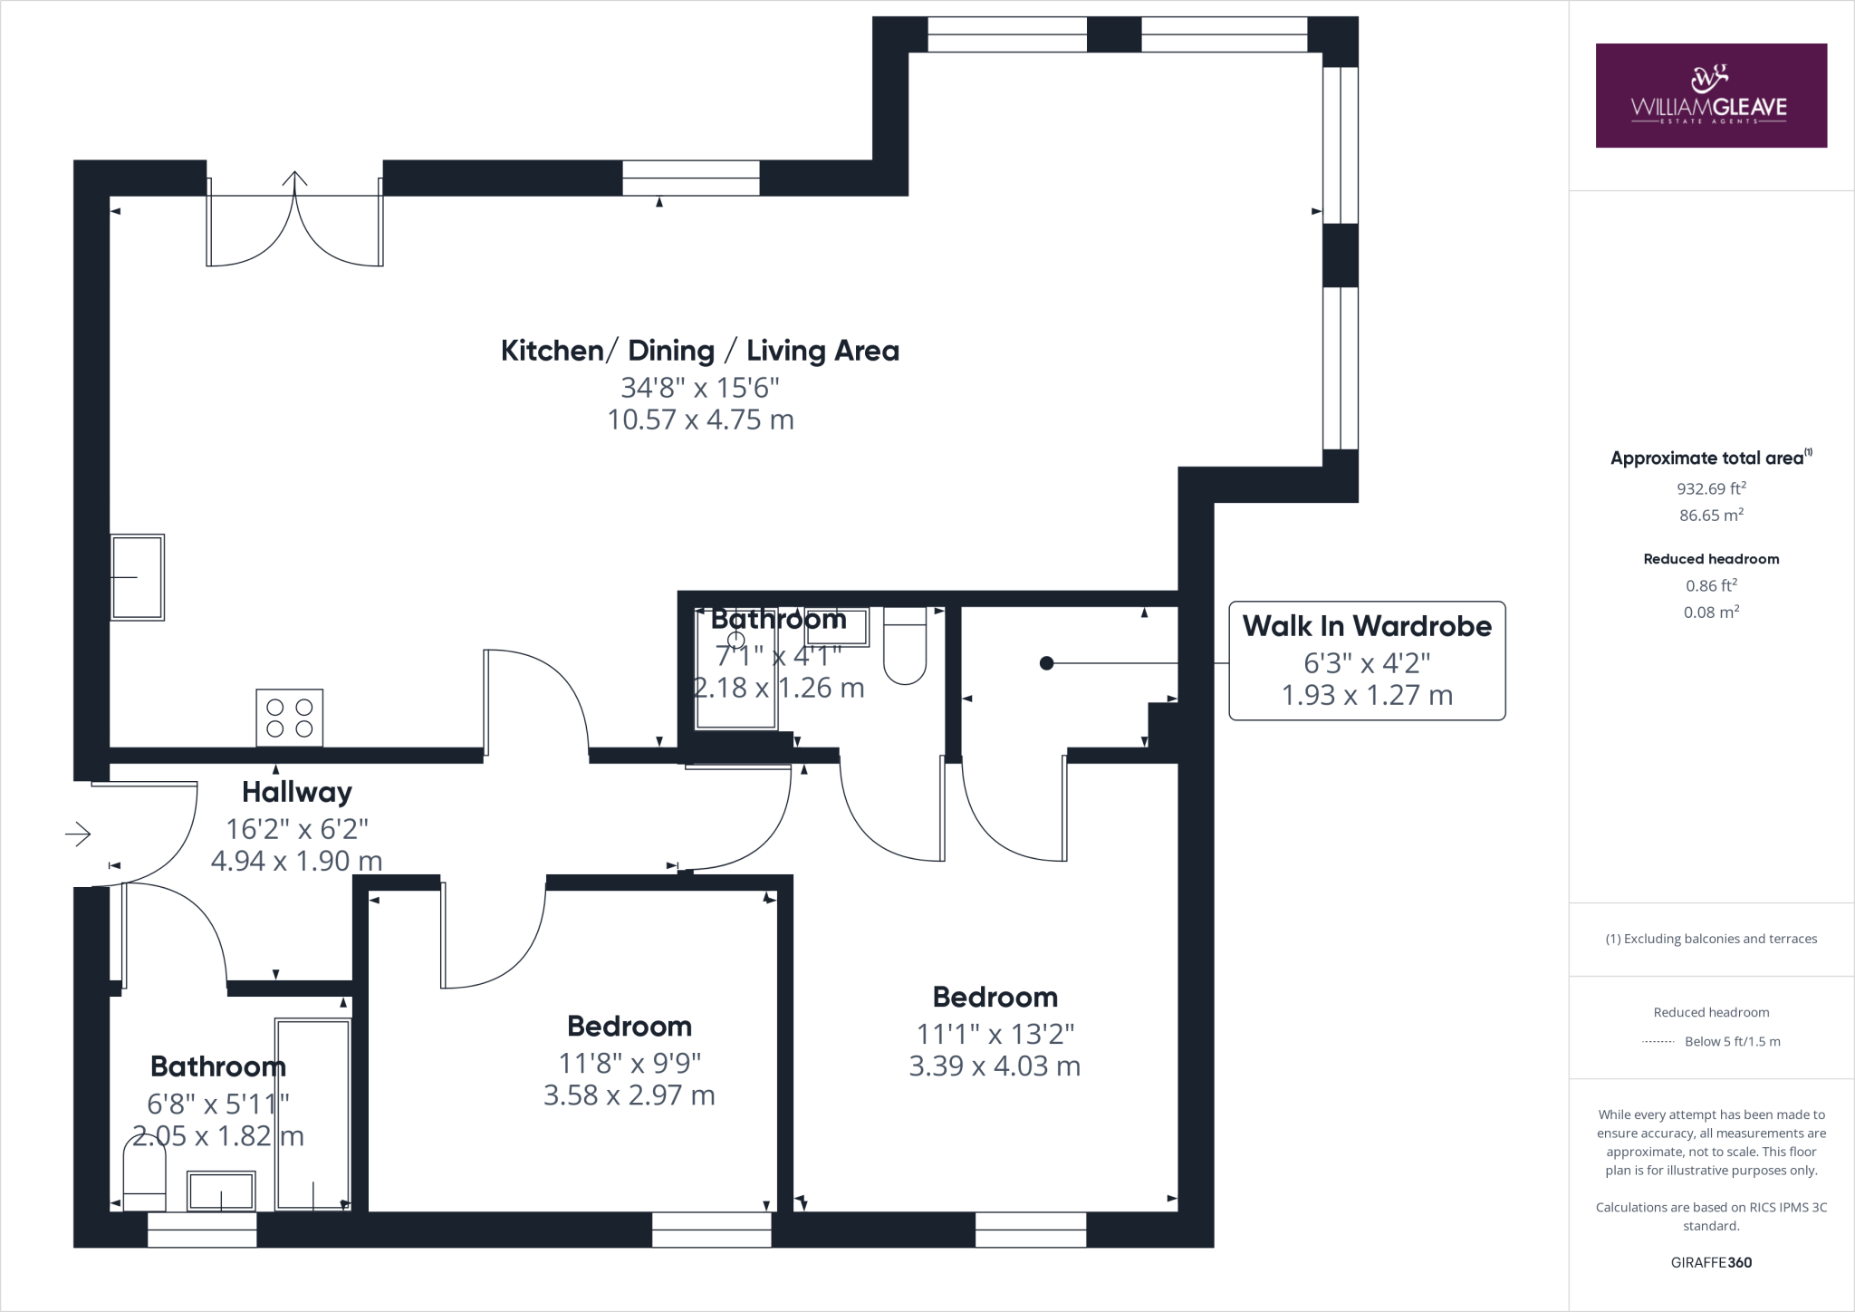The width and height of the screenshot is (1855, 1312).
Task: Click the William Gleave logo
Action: tap(1710, 95)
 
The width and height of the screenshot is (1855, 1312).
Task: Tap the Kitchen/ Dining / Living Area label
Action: tap(700, 351)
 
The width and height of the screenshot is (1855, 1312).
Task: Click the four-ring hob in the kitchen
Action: tap(290, 718)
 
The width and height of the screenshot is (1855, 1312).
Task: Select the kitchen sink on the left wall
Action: tap(138, 577)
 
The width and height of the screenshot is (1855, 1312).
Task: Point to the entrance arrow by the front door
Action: tap(78, 834)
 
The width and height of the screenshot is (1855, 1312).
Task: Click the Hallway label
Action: tap(297, 792)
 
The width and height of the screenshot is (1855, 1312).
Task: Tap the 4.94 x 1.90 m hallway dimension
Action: tap(296, 861)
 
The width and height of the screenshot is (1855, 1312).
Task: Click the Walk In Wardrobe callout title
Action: tap(1367, 626)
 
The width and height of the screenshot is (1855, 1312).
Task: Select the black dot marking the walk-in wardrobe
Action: tap(1046, 663)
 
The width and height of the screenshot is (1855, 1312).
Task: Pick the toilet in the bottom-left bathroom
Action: tap(145, 1178)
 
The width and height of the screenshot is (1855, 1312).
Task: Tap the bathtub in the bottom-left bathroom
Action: tap(313, 1114)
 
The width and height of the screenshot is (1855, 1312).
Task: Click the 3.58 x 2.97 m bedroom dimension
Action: tap(630, 1095)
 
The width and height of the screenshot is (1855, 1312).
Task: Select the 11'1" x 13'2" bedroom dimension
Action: tap(995, 1034)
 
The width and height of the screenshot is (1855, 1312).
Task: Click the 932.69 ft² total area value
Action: tap(1711, 488)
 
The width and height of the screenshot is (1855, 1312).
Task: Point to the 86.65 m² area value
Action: tap(1711, 515)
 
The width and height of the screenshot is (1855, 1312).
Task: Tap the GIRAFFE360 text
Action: tap(1711, 1262)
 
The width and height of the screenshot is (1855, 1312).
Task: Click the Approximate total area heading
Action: tap(1708, 458)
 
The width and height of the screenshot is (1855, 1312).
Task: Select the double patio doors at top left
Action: tap(295, 222)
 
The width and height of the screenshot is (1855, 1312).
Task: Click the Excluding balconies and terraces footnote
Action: tap(1711, 939)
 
